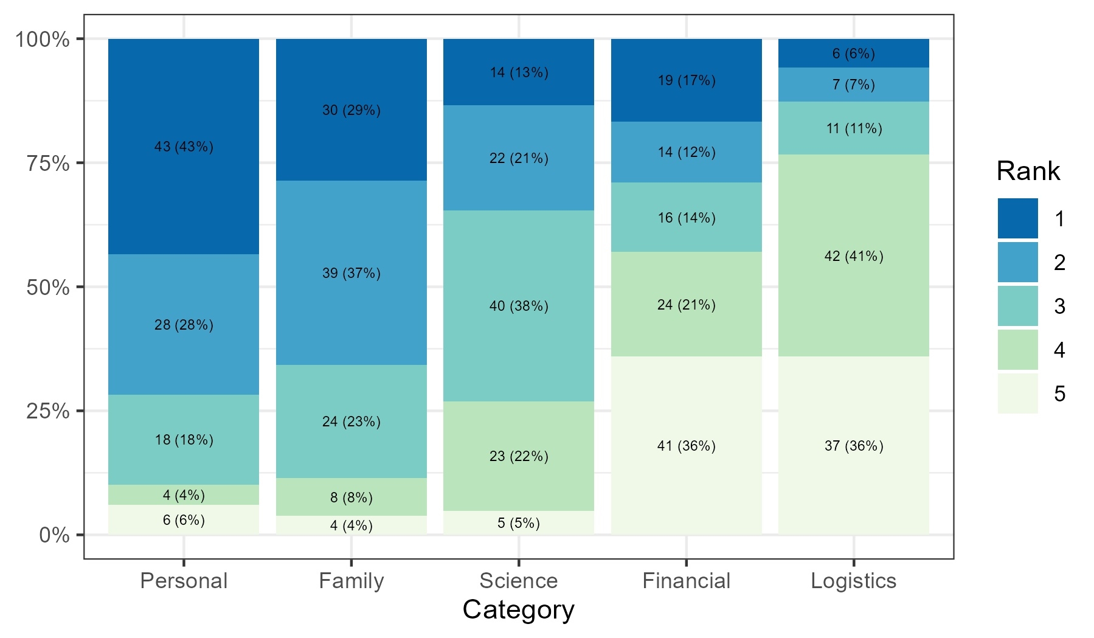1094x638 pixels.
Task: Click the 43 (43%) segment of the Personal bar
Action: coord(184,147)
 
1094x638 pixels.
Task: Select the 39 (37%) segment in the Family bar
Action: coord(351,273)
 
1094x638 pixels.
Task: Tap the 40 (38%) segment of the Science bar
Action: coord(519,306)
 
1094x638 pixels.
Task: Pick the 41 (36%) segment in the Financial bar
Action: coord(686,446)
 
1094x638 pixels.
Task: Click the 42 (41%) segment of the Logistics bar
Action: coord(854,256)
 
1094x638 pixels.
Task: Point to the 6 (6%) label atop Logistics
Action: coord(854,54)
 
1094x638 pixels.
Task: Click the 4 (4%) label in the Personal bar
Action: coord(184,495)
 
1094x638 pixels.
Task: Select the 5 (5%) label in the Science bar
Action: coord(519,523)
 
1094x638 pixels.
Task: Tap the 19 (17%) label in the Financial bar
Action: coord(686,80)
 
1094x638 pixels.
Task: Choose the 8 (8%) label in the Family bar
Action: coord(351,498)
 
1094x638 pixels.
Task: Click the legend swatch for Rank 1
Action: coord(1017,218)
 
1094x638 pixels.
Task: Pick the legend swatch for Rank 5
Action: coord(1017,394)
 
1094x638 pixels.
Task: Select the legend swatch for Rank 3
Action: coord(1017,306)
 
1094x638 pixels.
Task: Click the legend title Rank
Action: coord(1028,172)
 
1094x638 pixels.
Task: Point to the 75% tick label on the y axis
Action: coord(47,163)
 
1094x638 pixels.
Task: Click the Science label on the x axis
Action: coord(519,581)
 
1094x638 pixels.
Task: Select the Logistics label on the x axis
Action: coord(854,581)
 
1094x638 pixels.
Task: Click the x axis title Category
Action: coord(518,610)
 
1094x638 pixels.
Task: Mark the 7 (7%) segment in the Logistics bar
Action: coord(854,85)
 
